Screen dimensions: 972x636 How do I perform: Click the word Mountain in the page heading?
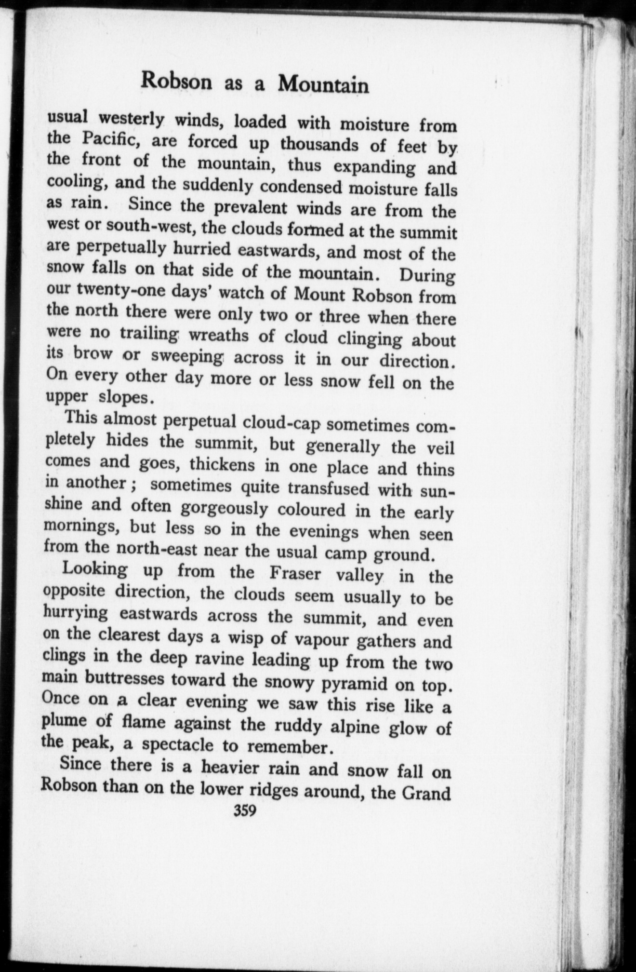(323, 85)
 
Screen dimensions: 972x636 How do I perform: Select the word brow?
(94, 353)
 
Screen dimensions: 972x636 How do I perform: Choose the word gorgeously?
(225, 508)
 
